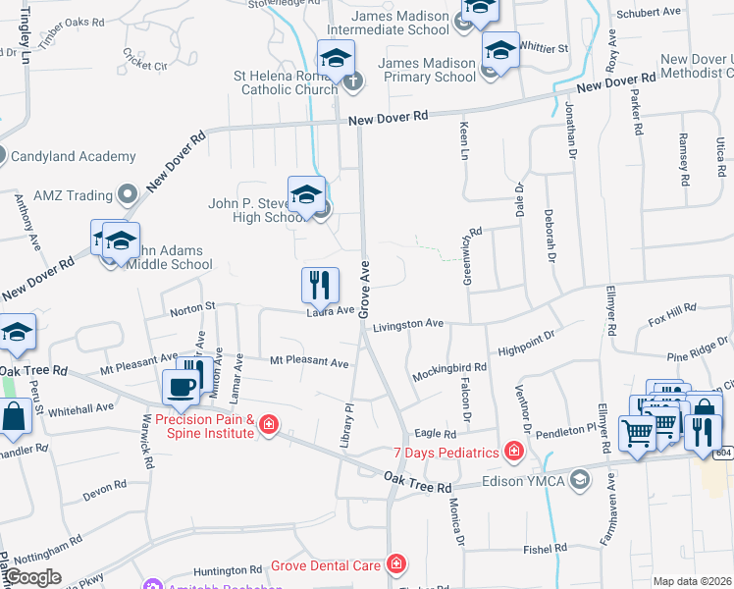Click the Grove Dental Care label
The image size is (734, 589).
333,565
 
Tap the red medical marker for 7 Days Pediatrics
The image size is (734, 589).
512,452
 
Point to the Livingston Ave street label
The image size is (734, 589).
408,323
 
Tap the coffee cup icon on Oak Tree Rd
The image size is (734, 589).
181,387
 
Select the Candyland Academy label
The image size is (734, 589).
74,156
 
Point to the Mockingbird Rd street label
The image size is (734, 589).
449,367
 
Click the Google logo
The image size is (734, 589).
33,577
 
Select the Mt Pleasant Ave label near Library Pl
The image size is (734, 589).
310,362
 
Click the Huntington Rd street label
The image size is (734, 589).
228,569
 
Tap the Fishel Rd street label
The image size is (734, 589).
546,548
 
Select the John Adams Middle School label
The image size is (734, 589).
166,257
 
